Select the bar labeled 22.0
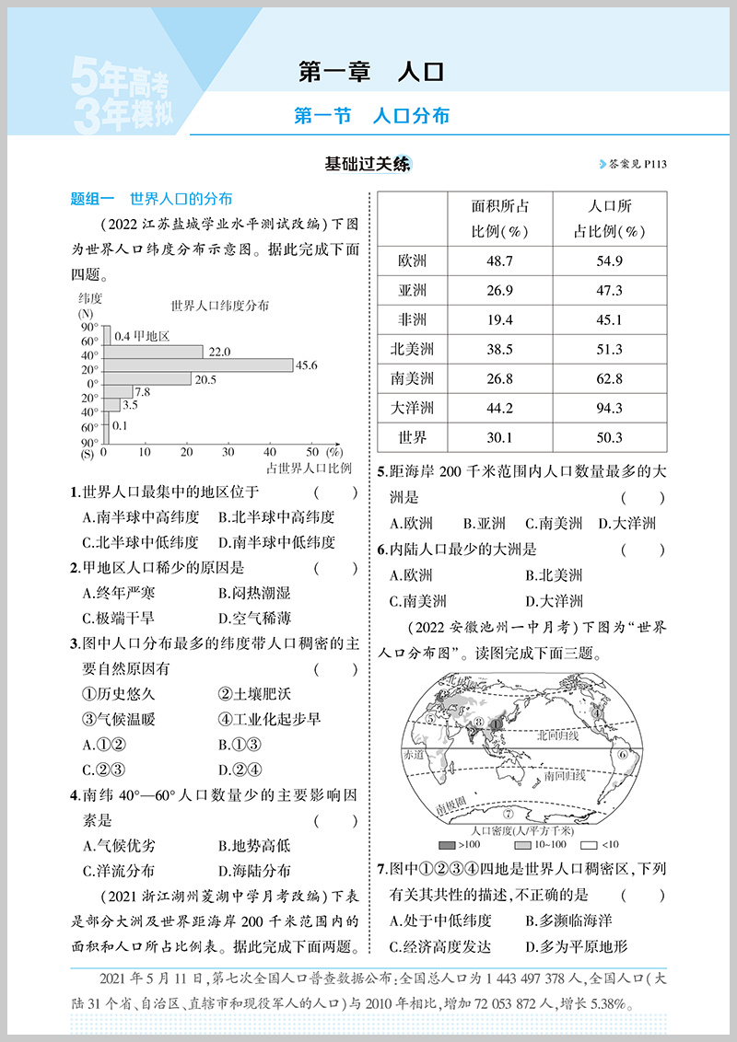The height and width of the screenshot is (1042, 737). point(153,352)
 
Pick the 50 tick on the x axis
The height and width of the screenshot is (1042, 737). point(311,453)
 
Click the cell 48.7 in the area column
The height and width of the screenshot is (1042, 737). point(499,260)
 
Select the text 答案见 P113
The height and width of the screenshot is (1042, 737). point(632,165)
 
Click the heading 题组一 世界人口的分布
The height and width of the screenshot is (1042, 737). point(151,198)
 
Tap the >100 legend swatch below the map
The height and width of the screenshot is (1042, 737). point(447,844)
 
